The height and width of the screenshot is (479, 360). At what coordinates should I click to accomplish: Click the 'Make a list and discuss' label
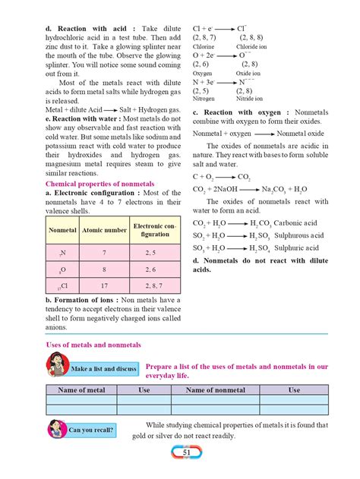[x=103, y=369]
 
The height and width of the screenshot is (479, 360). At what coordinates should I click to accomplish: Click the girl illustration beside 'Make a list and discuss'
[x=56, y=367]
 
